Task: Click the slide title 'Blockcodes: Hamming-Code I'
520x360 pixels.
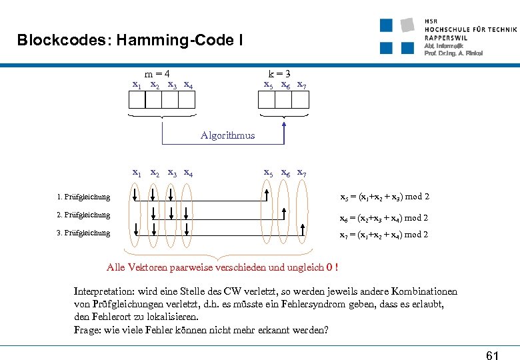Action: pos(130,41)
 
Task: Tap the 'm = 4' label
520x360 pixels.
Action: pos(157,74)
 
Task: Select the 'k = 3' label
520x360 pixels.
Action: pos(279,74)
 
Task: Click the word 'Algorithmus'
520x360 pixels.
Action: pos(227,135)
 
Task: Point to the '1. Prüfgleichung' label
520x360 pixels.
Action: pos(83,197)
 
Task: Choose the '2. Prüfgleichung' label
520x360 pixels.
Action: pos(83,215)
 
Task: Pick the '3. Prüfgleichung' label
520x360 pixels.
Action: pos(83,233)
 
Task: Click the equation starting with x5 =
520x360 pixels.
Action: pos(385,197)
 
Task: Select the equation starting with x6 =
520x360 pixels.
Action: pos(384,218)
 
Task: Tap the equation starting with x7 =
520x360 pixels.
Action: pos(384,235)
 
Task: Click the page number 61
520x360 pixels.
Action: pos(492,355)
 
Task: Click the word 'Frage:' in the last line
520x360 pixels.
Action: pos(88,330)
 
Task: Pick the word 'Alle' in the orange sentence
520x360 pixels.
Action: pos(115,267)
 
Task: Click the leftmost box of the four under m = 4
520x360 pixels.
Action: pos(137,99)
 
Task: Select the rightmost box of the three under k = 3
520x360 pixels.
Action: pos(301,99)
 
